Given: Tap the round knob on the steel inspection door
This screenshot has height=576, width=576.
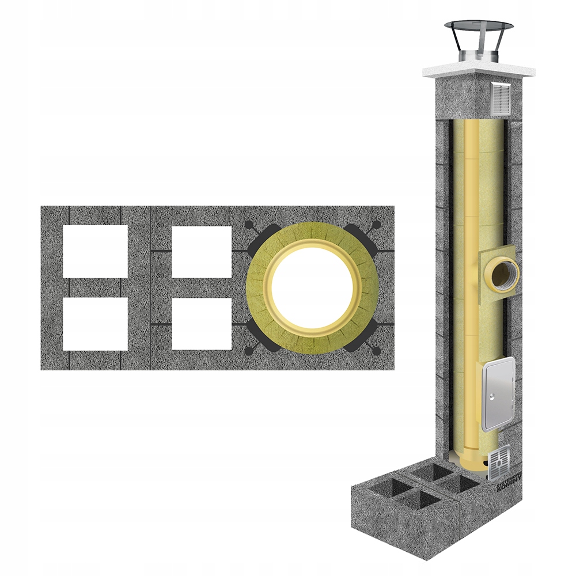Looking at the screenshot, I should click(490, 396).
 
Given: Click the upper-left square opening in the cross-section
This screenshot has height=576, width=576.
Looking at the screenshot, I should click(95, 251).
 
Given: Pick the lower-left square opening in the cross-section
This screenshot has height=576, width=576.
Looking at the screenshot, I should click(95, 323).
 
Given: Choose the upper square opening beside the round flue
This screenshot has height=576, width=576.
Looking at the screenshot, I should click(202, 251).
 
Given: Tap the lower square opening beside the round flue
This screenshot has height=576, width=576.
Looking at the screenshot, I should click(202, 323).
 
